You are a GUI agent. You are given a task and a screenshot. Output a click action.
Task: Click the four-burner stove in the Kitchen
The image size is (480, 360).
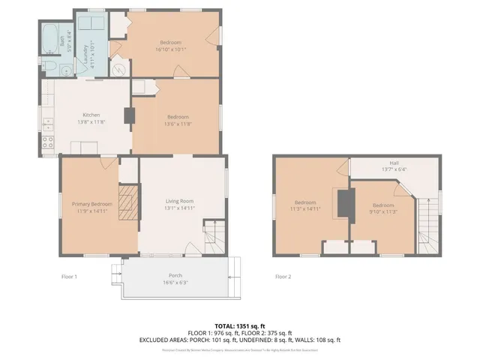click(49, 142)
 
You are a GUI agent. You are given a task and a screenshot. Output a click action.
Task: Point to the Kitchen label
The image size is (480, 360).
click(91, 115)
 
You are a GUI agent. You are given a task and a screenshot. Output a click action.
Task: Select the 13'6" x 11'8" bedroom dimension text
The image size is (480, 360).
click(178, 124)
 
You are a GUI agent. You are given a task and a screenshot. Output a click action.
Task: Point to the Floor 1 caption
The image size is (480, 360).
click(70, 277)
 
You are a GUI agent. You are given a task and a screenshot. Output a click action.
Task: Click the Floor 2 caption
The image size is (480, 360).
click(283, 277)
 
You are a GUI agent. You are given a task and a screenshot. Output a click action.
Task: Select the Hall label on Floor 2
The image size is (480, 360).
click(394, 163)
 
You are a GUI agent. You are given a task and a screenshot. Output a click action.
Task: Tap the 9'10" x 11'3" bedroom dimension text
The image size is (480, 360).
click(383, 212)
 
